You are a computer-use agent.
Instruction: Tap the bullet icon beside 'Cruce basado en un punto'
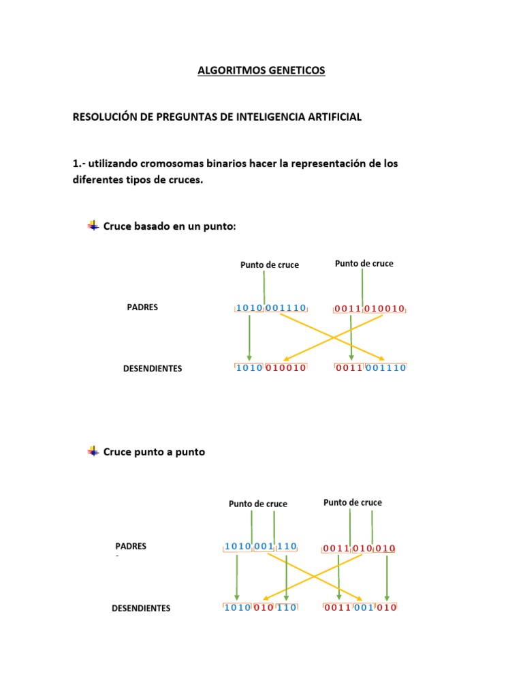point(93,225)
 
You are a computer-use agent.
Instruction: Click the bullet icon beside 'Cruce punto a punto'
point(93,451)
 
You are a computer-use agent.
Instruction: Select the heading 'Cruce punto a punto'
point(154,451)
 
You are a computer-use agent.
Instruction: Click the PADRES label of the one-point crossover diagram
point(142,307)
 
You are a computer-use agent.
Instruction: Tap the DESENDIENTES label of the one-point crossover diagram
point(153,369)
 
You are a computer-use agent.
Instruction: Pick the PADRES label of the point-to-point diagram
point(131,547)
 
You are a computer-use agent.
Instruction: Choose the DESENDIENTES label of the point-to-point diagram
point(141,608)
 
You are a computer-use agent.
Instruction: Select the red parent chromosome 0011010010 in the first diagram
point(369,309)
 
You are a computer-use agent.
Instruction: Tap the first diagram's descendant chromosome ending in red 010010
point(270,367)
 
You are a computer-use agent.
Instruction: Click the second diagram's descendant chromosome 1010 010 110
point(261,607)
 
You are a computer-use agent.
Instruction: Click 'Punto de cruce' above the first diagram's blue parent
point(270,265)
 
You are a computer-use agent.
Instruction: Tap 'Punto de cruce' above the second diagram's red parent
point(353,502)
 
